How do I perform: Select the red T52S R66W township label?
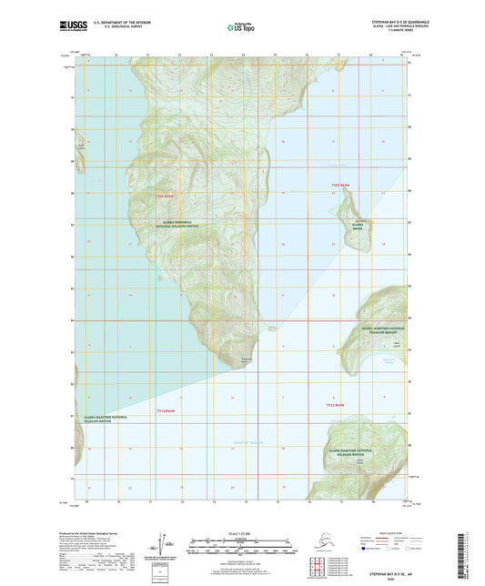pyautogui.click(x=164, y=196)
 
